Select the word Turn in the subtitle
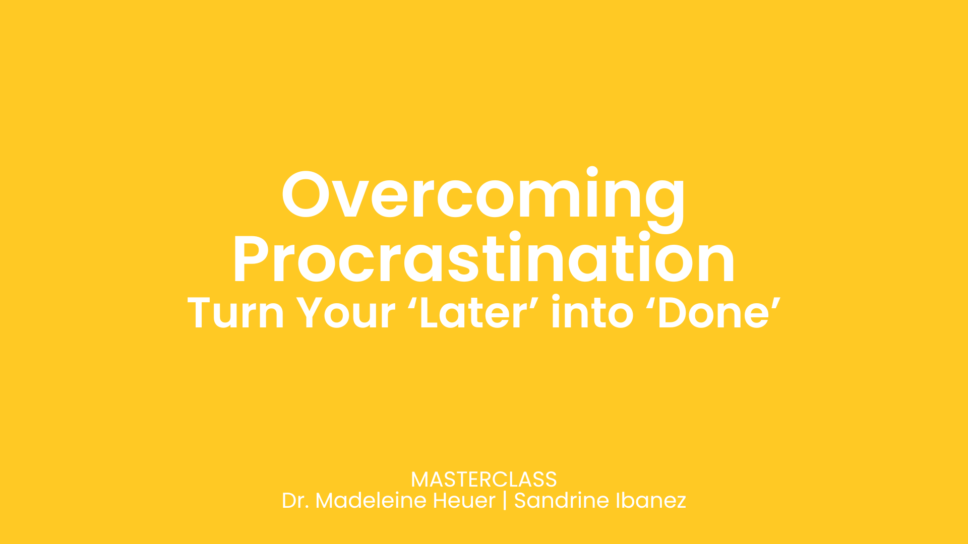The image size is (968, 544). [x=235, y=313]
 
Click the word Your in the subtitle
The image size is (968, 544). [x=345, y=313]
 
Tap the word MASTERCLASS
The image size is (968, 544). [x=483, y=480]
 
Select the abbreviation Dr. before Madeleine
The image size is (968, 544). [x=295, y=501]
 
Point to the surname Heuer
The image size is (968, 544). [x=464, y=501]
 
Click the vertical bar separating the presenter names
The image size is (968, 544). [x=505, y=501]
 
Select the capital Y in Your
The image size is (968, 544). [x=310, y=313]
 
